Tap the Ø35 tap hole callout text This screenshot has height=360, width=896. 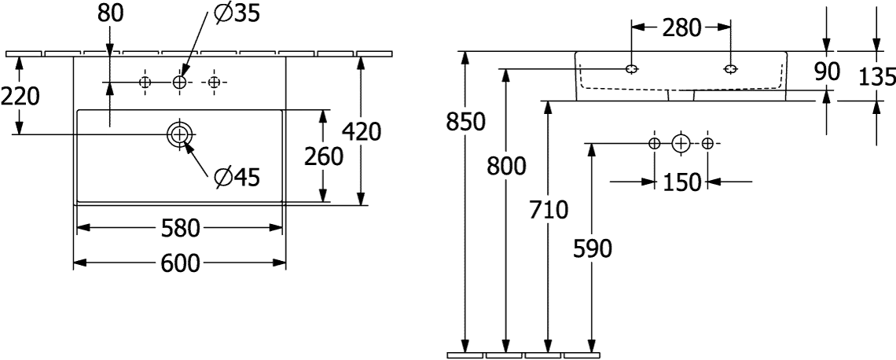237,14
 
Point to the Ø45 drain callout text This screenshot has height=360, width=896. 237,178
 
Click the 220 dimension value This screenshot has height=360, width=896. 20,97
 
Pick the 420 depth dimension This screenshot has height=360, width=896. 361,133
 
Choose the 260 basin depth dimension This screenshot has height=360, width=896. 324,156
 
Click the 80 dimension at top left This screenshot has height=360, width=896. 110,14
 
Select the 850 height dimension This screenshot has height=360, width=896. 466,122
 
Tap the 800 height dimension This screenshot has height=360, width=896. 505,167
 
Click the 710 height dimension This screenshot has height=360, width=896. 549,211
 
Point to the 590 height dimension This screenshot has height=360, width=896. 592,249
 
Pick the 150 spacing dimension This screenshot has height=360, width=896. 681,182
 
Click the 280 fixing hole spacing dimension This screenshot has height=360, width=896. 681,28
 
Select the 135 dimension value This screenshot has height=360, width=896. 878,76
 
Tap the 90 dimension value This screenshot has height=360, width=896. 826,72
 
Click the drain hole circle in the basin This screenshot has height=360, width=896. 180,134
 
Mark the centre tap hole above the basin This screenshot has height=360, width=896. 181,83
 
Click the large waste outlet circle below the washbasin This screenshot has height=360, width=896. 681,143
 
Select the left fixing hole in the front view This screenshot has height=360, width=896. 631,69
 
